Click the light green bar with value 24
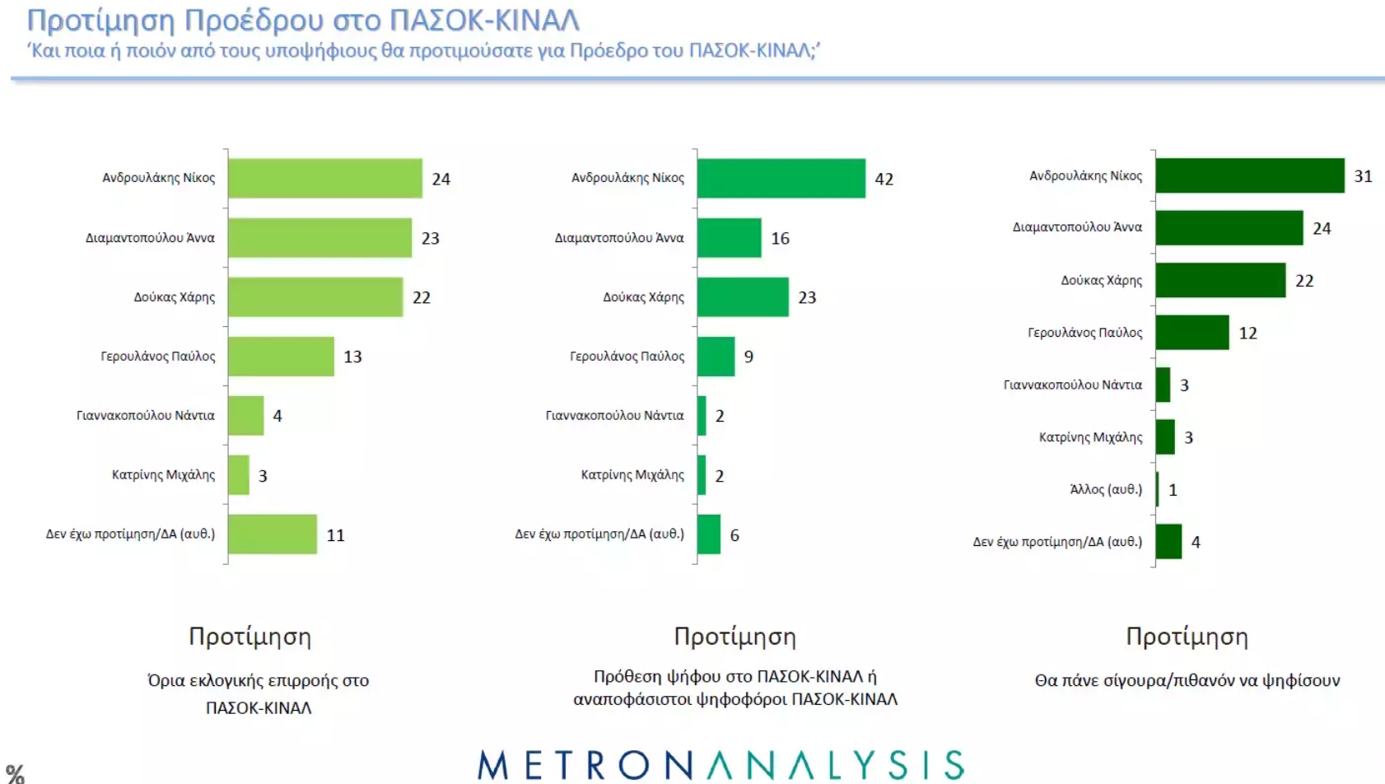324,178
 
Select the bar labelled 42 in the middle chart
781,178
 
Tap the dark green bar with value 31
1249,175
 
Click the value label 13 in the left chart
352,357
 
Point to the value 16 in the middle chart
780,238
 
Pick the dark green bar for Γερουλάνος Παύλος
1191,333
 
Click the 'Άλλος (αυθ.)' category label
1105,489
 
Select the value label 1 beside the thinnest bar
1173,490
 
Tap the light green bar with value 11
272,534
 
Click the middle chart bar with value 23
742,297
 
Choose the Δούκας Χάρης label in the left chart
174,297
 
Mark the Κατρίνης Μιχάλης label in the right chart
1090,437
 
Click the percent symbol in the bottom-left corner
15,773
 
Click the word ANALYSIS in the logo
836,766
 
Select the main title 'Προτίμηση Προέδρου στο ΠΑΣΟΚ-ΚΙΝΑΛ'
303,20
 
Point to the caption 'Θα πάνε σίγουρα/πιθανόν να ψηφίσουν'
1187,680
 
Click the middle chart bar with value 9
716,357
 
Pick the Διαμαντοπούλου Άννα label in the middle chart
618,238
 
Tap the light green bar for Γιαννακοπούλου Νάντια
245,416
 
